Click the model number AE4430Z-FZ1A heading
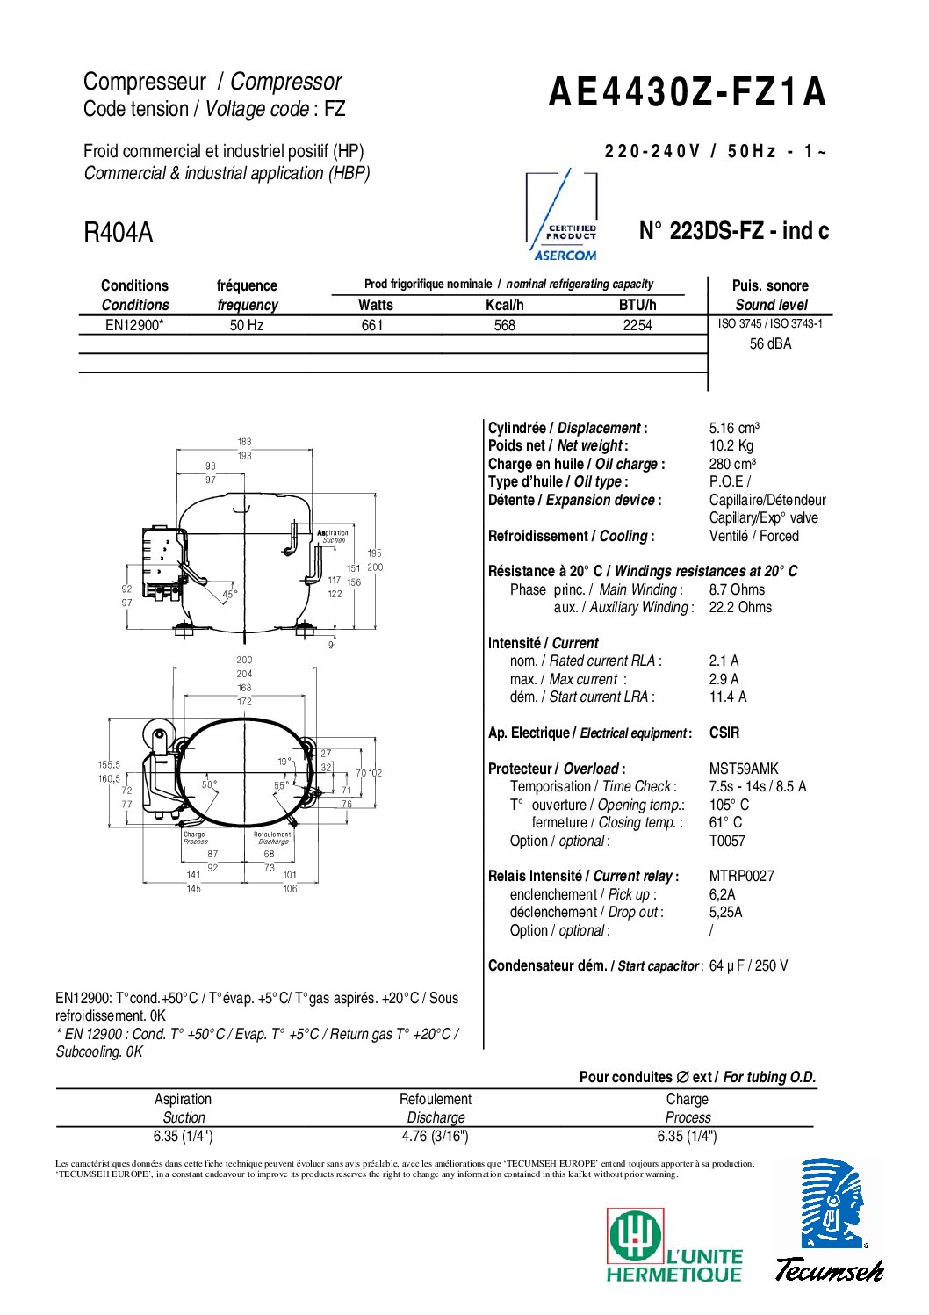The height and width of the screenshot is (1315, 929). click(x=687, y=92)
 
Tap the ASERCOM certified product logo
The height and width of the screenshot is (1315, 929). click(x=563, y=216)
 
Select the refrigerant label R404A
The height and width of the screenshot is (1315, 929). click(x=118, y=233)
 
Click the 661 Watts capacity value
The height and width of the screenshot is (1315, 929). click(x=372, y=325)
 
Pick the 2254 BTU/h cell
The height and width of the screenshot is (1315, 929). click(x=637, y=325)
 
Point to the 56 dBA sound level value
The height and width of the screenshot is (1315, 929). click(x=770, y=344)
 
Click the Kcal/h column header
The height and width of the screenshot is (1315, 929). click(x=505, y=305)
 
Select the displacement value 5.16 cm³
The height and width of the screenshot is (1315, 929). click(x=734, y=428)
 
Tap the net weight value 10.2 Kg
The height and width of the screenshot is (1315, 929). click(x=731, y=446)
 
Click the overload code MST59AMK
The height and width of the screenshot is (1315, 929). click(x=743, y=769)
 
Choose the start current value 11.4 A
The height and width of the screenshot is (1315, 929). click(x=728, y=697)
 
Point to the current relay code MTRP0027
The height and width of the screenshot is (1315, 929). click(x=741, y=876)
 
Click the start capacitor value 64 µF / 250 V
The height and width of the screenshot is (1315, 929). click(x=748, y=965)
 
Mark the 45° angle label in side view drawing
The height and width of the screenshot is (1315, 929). click(x=230, y=595)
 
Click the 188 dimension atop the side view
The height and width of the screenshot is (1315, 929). click(x=244, y=442)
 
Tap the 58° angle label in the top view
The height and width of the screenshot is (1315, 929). click(x=210, y=784)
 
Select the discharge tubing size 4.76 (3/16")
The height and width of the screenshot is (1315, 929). click(x=435, y=1136)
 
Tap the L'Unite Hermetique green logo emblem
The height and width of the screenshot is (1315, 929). click(x=635, y=1236)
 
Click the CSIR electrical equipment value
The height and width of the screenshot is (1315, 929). click(x=724, y=733)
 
